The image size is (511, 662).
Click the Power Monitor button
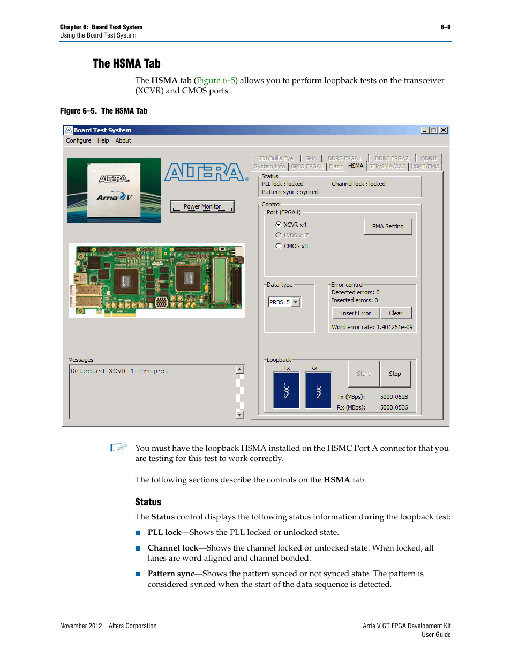(202, 206)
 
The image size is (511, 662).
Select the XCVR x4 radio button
(279, 225)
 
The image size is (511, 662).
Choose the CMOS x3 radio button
(279, 246)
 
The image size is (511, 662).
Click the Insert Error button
(356, 313)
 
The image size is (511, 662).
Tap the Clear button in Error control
(396, 313)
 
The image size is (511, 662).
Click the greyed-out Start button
(364, 374)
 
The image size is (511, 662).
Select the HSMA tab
(356, 166)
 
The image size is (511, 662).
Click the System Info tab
(269, 167)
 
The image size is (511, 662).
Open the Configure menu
(79, 140)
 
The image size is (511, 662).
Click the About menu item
(123, 140)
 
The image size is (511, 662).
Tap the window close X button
(444, 130)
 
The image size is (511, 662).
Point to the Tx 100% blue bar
(287, 390)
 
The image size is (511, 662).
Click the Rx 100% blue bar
(319, 390)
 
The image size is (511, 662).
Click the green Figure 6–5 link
(216, 80)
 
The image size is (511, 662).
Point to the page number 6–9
(445, 27)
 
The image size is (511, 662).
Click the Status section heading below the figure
(148, 502)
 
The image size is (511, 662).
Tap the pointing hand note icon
(118, 448)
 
